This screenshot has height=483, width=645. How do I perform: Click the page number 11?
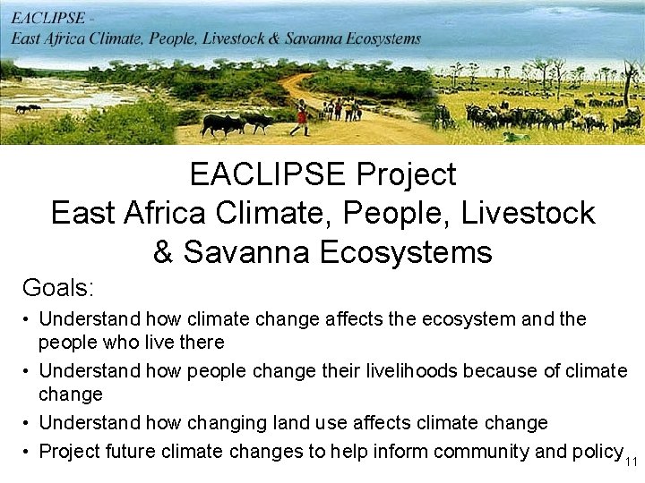click(x=631, y=462)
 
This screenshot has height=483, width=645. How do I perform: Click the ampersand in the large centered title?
click(x=163, y=252)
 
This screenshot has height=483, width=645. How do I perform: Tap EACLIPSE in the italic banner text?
click(x=50, y=18)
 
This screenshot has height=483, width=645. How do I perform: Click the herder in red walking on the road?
click(x=301, y=116)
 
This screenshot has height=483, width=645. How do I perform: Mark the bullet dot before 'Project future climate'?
click(x=29, y=452)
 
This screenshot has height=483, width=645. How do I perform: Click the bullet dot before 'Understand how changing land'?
click(x=29, y=423)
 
